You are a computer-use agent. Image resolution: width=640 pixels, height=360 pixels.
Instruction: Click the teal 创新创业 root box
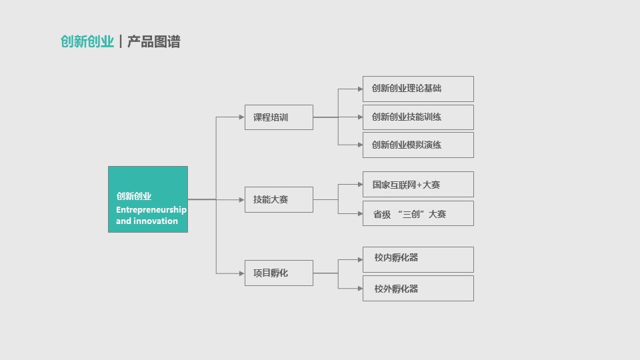pos(148,199)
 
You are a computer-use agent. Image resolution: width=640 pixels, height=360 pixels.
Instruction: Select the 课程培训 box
pos(279,117)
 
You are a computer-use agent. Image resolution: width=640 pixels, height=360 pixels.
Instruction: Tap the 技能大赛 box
pos(279,199)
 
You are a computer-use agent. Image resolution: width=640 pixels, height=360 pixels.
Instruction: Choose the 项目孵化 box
pos(279,273)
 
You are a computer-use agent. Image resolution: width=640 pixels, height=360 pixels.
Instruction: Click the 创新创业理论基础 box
pos(418,89)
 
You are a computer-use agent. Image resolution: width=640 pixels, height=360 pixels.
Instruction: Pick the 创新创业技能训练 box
pos(418,117)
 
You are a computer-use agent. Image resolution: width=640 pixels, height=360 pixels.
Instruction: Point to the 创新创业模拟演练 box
pos(418,145)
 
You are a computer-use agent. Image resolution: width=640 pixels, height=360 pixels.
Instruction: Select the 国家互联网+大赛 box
pos(418,185)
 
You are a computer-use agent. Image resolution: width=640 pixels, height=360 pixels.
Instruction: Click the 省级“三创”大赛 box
pos(418,213)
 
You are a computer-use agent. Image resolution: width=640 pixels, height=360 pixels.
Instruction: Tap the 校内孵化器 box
pos(418,259)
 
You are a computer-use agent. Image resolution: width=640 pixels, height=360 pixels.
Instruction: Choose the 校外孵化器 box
pos(418,289)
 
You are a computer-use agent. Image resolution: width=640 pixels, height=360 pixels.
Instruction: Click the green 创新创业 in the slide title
pos(87,41)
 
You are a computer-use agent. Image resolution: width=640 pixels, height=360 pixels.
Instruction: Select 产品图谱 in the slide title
pos(153,41)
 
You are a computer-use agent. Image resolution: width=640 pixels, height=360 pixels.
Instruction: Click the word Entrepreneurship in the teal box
pos(151,210)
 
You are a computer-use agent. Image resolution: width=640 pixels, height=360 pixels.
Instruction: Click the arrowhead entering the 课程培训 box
pos(241,117)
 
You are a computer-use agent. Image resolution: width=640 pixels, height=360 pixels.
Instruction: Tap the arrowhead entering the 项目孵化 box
pos(241,273)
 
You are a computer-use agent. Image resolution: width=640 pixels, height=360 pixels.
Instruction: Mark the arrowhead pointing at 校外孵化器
pos(360,289)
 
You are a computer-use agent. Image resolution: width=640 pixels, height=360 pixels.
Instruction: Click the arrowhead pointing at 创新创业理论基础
pos(360,89)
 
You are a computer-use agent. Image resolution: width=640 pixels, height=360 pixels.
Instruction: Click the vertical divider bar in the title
pos(121,41)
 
